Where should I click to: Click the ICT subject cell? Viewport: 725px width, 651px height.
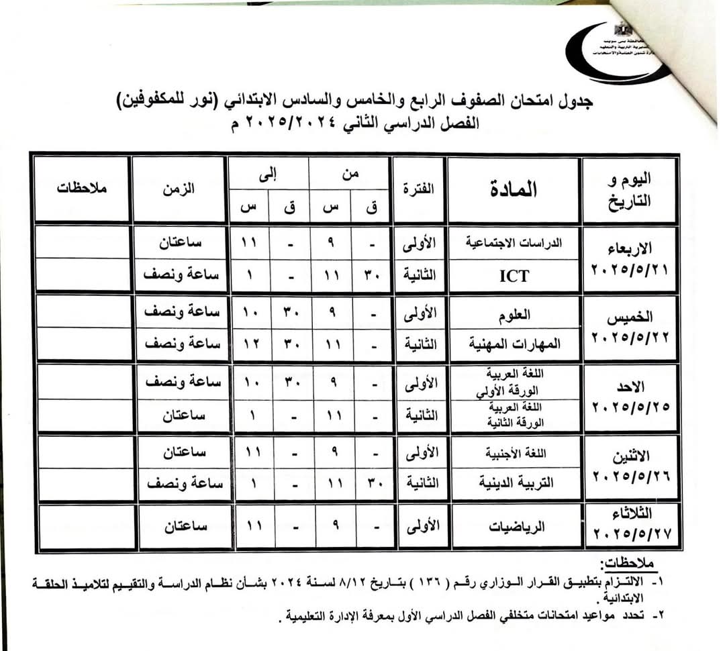click(x=514, y=275)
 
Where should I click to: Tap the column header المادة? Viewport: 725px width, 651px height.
click(x=514, y=190)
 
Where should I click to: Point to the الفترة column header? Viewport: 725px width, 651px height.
click(x=419, y=190)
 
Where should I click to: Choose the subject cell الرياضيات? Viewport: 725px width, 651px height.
click(x=514, y=527)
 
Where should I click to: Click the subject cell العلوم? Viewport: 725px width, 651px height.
click(x=514, y=312)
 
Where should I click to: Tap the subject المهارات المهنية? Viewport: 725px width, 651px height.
click(x=514, y=344)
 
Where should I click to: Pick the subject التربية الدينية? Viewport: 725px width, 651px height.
click(x=514, y=483)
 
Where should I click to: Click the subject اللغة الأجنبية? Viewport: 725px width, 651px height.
click(x=514, y=452)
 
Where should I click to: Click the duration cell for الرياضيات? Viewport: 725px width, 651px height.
click(x=179, y=527)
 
